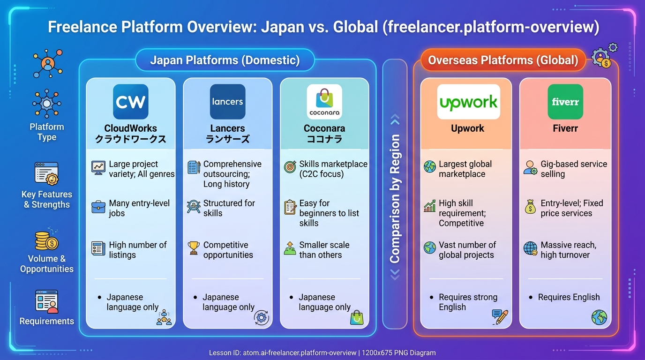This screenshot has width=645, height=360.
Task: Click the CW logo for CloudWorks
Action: tap(130, 102)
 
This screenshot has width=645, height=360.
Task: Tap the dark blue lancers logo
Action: tap(227, 102)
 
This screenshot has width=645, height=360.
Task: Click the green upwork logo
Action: tap(468, 102)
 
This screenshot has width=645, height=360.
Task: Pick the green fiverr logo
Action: tap(565, 102)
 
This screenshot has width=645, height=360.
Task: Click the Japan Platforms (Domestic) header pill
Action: tap(225, 60)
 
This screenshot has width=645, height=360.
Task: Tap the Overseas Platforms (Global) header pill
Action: tap(503, 60)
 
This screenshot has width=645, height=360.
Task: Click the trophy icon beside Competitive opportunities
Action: tap(194, 248)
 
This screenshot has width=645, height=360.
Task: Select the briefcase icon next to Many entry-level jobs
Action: tap(98, 207)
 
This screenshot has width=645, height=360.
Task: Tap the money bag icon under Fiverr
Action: tap(530, 207)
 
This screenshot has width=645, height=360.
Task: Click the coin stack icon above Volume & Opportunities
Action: tap(47, 240)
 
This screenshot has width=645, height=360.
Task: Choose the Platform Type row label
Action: tap(47, 132)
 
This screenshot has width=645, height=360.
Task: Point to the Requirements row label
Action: tap(47, 321)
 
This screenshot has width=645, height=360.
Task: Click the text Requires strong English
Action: tap(468, 302)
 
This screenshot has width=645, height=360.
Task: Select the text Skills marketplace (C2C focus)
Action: tap(333, 169)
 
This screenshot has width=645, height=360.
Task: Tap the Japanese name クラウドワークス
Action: tap(130, 139)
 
